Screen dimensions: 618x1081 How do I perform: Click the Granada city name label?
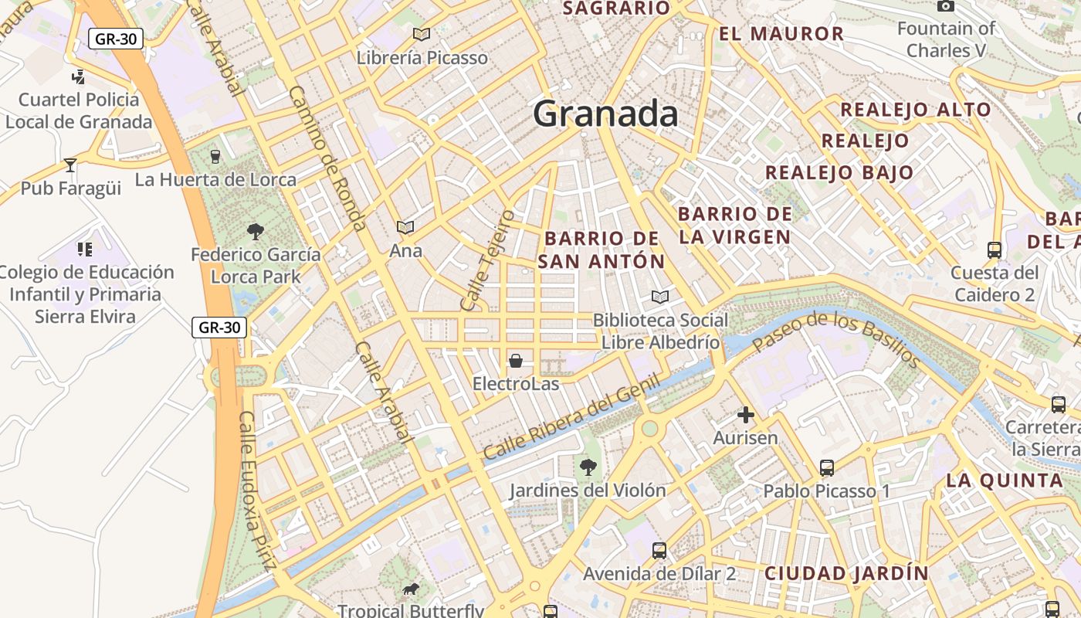click(605, 114)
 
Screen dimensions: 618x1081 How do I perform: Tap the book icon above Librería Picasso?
click(421, 34)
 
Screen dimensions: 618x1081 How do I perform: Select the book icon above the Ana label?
click(405, 227)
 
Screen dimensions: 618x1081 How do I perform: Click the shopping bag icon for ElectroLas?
click(516, 361)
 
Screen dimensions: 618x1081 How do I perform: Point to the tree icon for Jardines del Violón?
click(588, 467)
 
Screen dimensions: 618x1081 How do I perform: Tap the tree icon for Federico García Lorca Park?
click(256, 231)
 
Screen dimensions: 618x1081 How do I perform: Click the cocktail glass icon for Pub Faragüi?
click(70, 165)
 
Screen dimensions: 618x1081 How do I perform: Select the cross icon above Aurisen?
click(745, 416)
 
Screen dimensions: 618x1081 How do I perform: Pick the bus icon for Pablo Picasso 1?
click(827, 467)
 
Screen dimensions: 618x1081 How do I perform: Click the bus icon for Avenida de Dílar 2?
click(659, 550)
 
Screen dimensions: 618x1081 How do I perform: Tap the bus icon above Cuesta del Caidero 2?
click(995, 250)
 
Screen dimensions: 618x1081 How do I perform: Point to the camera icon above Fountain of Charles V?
click(945, 6)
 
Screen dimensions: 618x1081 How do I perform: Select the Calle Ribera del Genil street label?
click(572, 417)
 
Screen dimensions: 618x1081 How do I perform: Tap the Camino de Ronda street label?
click(327, 158)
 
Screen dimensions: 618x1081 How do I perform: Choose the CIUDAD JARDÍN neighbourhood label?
click(846, 574)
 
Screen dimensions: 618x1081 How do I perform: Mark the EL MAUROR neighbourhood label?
click(781, 34)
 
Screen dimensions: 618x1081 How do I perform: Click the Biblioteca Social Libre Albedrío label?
click(660, 331)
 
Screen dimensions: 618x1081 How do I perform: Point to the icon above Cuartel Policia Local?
click(78, 76)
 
